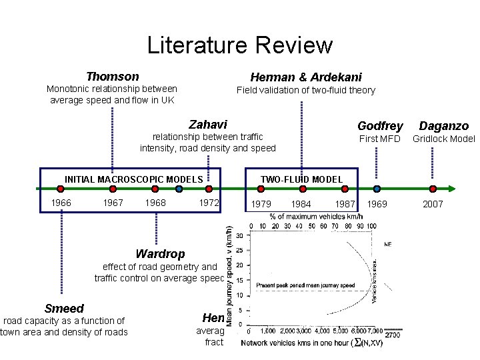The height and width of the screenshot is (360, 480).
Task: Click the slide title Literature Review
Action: point(239,45)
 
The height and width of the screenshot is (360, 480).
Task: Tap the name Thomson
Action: point(113,77)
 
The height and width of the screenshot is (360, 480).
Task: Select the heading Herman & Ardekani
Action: point(306,77)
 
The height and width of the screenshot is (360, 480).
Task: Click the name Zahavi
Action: point(208,125)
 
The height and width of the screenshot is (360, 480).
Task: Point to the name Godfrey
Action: point(380,125)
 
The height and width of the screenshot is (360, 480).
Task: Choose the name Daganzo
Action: point(443,125)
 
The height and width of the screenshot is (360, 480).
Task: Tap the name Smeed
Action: point(64,309)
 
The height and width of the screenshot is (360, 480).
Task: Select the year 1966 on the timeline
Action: point(62,203)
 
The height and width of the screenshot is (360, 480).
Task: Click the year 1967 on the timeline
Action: point(113,203)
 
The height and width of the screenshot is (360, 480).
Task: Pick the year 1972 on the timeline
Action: point(209,203)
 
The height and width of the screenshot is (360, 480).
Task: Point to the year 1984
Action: point(301,203)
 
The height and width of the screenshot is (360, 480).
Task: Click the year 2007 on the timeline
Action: point(433,204)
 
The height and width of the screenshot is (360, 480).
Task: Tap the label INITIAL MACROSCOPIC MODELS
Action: point(133,179)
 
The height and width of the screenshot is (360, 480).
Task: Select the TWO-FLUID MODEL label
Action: point(301,179)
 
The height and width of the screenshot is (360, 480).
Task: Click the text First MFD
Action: point(379,139)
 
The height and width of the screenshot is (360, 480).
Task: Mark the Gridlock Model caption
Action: point(444,139)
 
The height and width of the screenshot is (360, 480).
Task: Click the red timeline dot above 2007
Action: point(433,189)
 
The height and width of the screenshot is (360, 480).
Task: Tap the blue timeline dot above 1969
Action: point(377,189)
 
